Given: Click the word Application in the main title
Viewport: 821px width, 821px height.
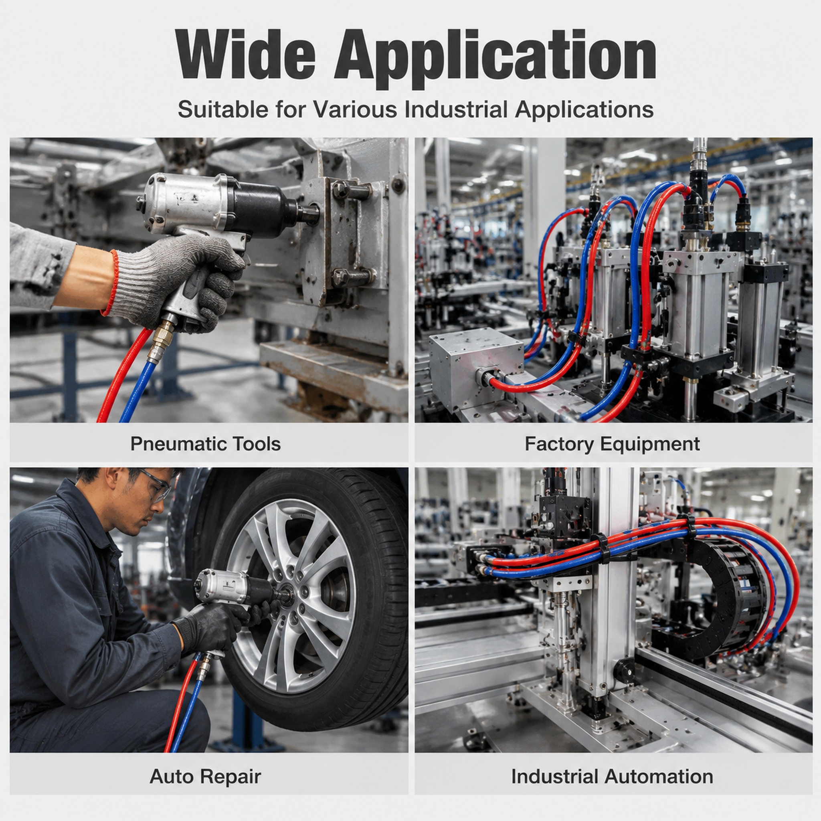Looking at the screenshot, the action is pos(495,59).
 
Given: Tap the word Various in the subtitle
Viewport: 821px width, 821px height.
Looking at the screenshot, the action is pos(355,109).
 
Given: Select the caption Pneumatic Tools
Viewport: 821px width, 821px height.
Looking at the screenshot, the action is pos(206,444).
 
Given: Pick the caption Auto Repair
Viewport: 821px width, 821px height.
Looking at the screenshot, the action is pos(205,777).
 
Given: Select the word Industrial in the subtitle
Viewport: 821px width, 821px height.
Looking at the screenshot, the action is pos(455,109).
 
